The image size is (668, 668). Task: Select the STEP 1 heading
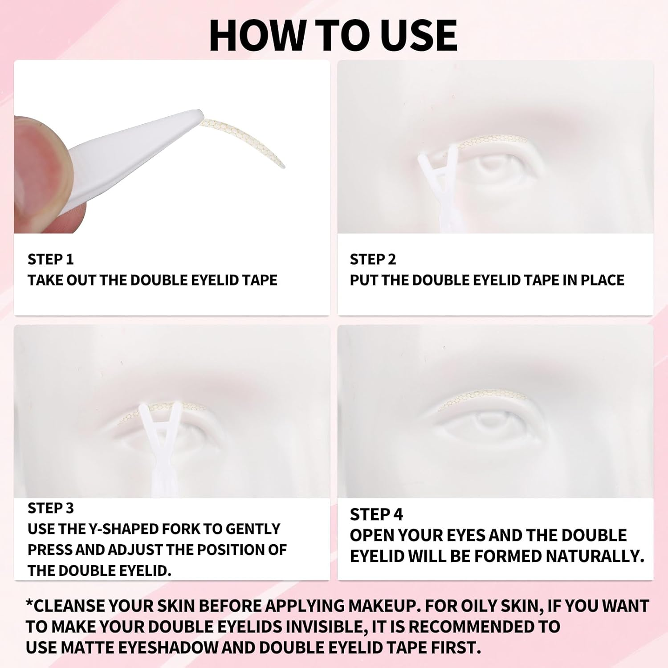point(50,259)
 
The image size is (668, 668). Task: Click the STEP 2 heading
point(373,259)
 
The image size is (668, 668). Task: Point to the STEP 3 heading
point(50,508)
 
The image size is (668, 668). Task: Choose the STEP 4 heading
point(376,514)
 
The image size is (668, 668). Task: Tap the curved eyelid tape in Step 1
point(249,138)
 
